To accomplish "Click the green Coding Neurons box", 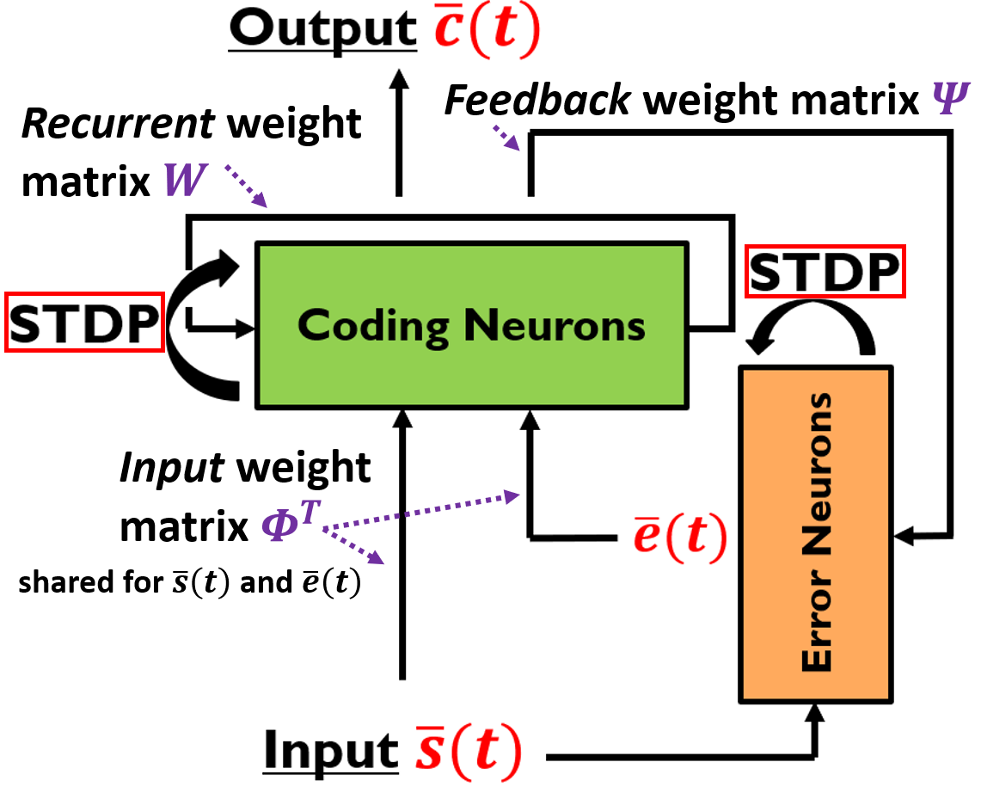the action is pyautogui.click(x=472, y=325).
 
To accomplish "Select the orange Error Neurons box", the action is pyautogui.click(x=816, y=534).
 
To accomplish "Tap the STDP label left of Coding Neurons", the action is pyautogui.click(x=84, y=323).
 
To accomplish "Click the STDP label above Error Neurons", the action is pyautogui.click(x=825, y=272).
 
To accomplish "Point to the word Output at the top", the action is pyautogui.click(x=322, y=29).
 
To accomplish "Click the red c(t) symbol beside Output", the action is pyautogui.click(x=487, y=28).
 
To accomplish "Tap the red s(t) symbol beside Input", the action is pyautogui.click(x=469, y=751).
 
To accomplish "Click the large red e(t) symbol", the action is pyautogui.click(x=680, y=536).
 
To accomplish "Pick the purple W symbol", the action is pyautogui.click(x=185, y=181).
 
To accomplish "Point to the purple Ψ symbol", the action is pyautogui.click(x=950, y=98).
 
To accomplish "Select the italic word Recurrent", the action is pyautogui.click(x=119, y=123).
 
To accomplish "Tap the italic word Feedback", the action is pyautogui.click(x=537, y=100).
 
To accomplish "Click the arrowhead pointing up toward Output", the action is pyautogui.click(x=399, y=79).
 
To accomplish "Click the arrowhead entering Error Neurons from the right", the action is pyautogui.click(x=904, y=536).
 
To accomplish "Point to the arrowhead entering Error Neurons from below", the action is pyautogui.click(x=815, y=714).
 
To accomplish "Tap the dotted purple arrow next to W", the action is pyautogui.click(x=245, y=186).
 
